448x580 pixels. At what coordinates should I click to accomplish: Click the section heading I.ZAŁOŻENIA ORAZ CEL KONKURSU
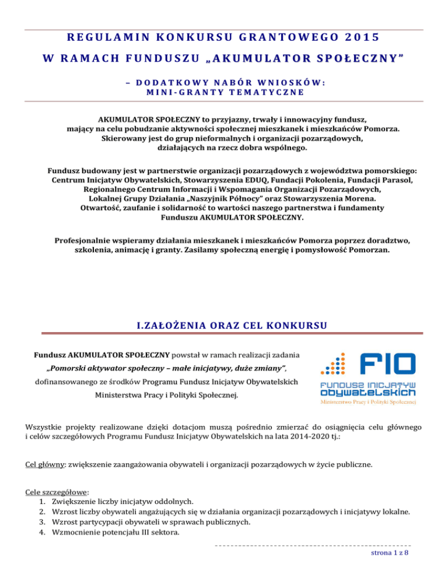224,324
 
